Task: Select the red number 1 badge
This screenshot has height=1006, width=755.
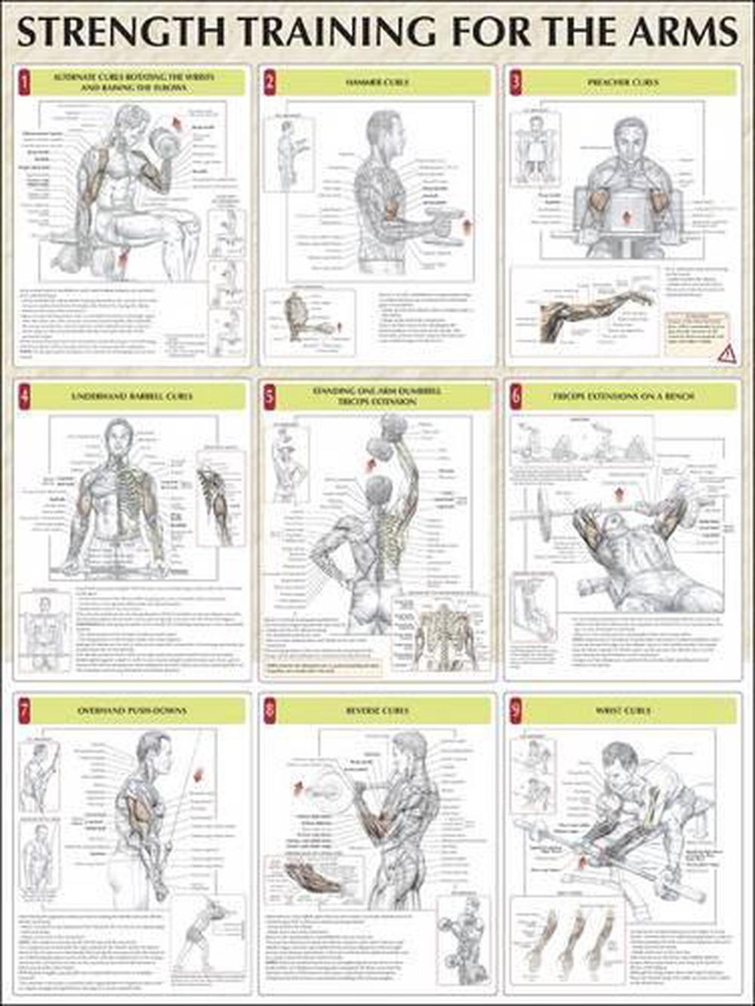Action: click(x=24, y=82)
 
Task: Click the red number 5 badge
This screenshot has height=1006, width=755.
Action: click(x=270, y=396)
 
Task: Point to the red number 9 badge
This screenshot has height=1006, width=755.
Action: click(x=516, y=711)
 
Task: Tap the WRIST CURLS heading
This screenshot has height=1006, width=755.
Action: click(x=623, y=711)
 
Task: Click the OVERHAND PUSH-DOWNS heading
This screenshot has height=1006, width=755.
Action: click(x=132, y=711)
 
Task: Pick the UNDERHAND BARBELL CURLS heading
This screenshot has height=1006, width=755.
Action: click(x=132, y=396)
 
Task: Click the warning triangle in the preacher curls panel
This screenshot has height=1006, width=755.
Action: click(x=728, y=352)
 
